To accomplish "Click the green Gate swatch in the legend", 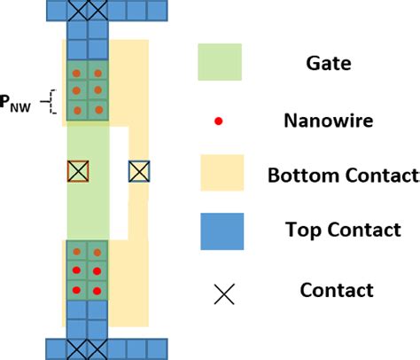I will pos(219,63).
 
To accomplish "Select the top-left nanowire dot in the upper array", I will pos(77,73).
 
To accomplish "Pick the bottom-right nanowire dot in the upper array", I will pos(97,111).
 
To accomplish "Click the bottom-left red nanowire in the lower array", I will pos(77,290).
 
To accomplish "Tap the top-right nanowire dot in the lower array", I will pos(97,252).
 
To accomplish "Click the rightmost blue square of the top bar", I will pos(157,10).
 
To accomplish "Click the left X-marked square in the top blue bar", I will pos(77,10).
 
